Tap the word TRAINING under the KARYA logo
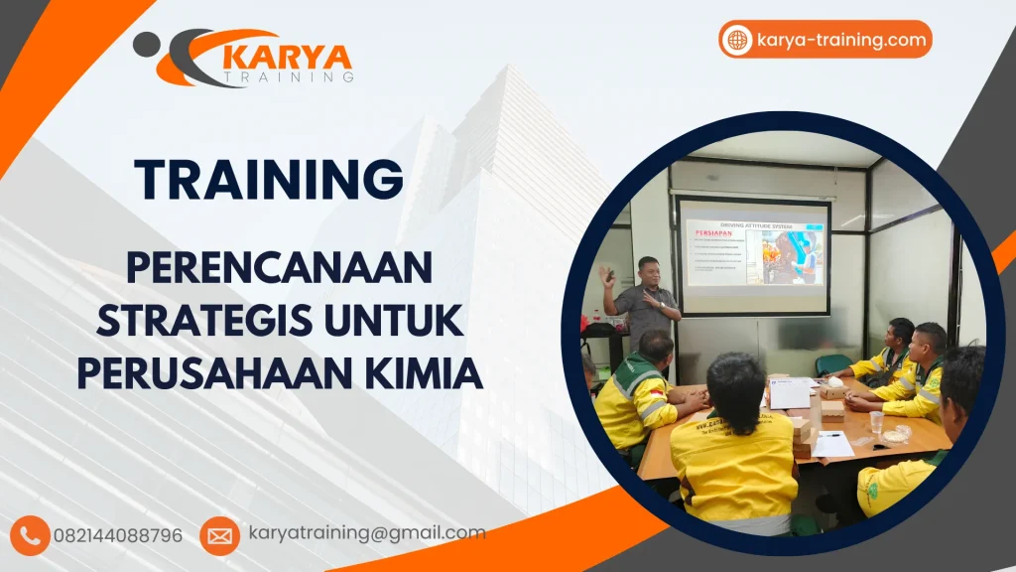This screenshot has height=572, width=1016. pos(288,77)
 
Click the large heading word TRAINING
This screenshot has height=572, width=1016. pos(270,180)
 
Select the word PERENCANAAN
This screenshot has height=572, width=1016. pos(281,269)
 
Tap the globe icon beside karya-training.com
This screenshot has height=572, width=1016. pos(737,40)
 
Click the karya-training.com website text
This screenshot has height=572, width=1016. pos(841,40)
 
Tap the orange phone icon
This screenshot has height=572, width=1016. pos(31,535)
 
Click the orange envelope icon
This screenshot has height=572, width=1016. pos(219,535)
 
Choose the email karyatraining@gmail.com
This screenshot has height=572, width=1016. pos(367,533)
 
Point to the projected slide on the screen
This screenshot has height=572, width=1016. pos(753,253)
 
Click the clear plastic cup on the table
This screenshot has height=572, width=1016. pos(876,422)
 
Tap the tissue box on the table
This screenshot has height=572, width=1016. pos(832,388)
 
